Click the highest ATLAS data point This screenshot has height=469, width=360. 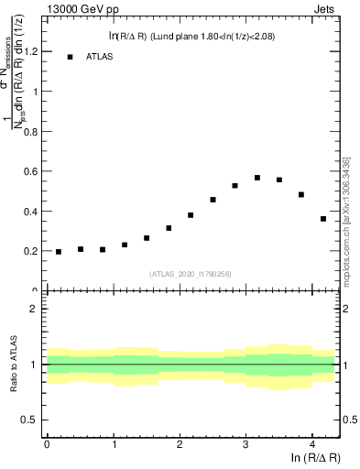(x=257, y=178)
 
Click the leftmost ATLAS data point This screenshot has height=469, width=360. (x=59, y=252)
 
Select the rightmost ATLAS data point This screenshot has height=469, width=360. (x=323, y=219)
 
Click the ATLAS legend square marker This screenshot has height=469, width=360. (x=70, y=57)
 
